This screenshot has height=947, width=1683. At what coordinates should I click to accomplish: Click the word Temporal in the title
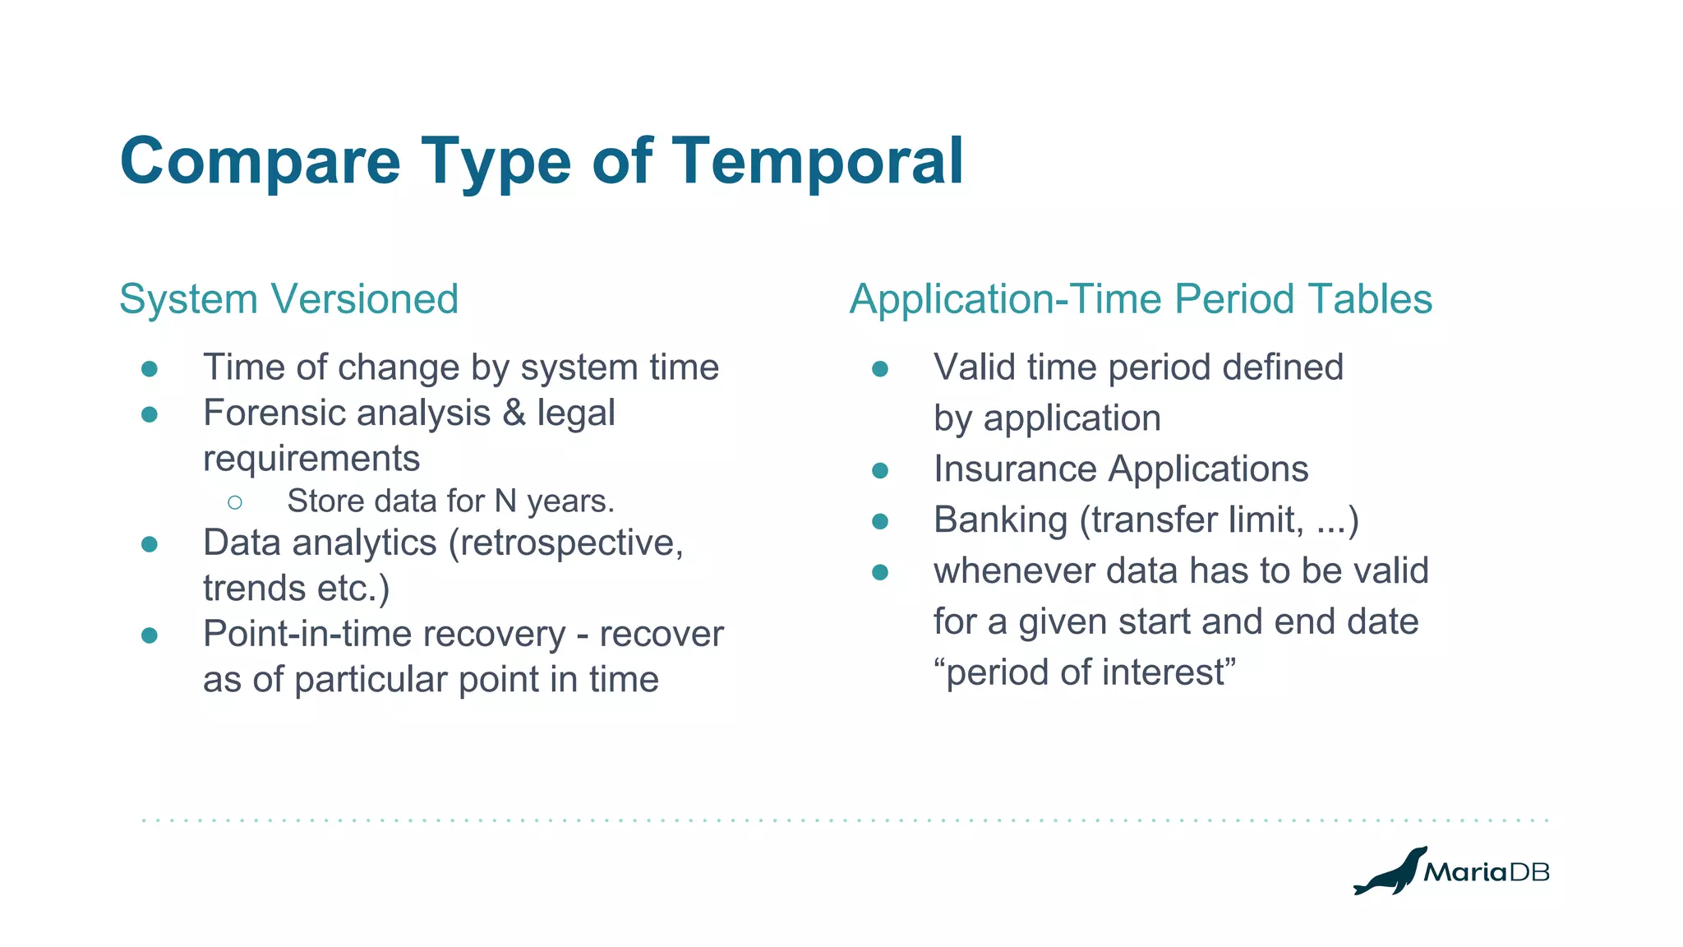pos(818,161)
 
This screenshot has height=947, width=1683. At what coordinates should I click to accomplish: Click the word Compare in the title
pos(260,161)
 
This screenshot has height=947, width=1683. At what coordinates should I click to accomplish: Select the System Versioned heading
pos(288,298)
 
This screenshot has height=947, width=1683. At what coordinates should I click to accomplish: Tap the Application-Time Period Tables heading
pos(1141,298)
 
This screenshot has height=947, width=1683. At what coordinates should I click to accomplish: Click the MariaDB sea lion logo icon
pos(1389,871)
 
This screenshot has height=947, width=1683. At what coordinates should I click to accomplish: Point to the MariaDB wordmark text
pos(1486,872)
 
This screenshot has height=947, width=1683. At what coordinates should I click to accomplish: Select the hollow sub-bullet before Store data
pos(235,502)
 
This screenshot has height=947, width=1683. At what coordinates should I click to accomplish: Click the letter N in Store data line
pos(505,501)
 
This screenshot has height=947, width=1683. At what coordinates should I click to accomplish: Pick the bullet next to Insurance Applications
pos(880,470)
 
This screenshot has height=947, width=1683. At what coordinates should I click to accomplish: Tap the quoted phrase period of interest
pos(1085,672)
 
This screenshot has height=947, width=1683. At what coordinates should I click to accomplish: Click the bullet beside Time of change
pos(150,368)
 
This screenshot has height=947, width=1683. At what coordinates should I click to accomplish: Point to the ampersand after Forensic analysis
pos(514,413)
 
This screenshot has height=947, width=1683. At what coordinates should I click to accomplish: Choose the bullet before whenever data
pos(880,572)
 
